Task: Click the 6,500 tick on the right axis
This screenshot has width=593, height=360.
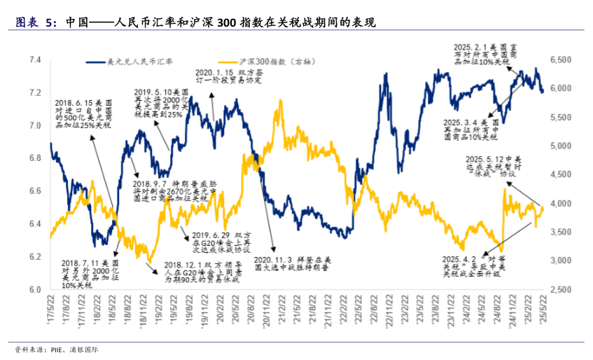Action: pyautogui.click(x=562, y=60)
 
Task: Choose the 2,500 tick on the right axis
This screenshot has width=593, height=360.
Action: pyautogui.click(x=562, y=289)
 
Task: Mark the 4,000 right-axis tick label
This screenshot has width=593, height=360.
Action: pyautogui.click(x=562, y=204)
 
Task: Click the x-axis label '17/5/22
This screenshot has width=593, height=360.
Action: pyautogui.click(x=49, y=308)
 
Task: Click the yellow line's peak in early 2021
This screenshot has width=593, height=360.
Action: pyautogui.click(x=281, y=101)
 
